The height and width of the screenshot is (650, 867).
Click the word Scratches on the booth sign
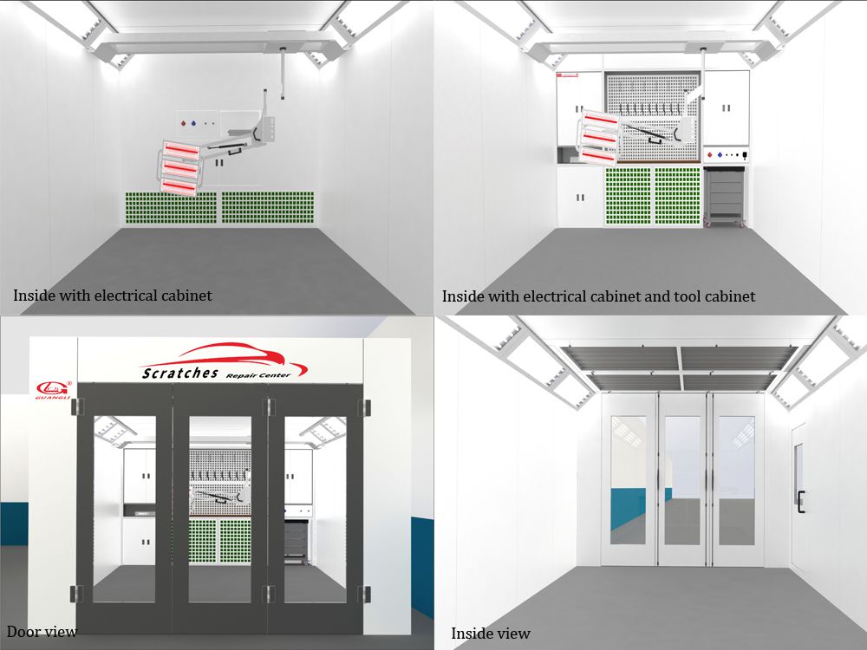(180, 373)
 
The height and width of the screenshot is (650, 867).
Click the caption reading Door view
(42, 631)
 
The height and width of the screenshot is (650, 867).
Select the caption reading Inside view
(491, 634)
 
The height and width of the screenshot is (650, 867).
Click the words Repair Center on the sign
(258, 375)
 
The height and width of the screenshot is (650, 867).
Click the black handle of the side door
(800, 501)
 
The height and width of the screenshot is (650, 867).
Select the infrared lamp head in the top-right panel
(599, 138)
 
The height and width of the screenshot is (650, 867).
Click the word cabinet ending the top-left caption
(187, 296)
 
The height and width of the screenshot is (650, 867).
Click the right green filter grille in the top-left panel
(268, 208)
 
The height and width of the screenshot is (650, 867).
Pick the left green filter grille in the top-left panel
(171, 208)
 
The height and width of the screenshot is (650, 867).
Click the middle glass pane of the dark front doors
(220, 509)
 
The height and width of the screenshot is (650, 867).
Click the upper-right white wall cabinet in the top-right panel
(727, 107)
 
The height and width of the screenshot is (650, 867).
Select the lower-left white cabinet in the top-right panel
(579, 196)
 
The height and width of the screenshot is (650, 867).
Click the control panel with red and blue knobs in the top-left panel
(198, 124)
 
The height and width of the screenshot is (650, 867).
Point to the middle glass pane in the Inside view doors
(682, 480)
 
